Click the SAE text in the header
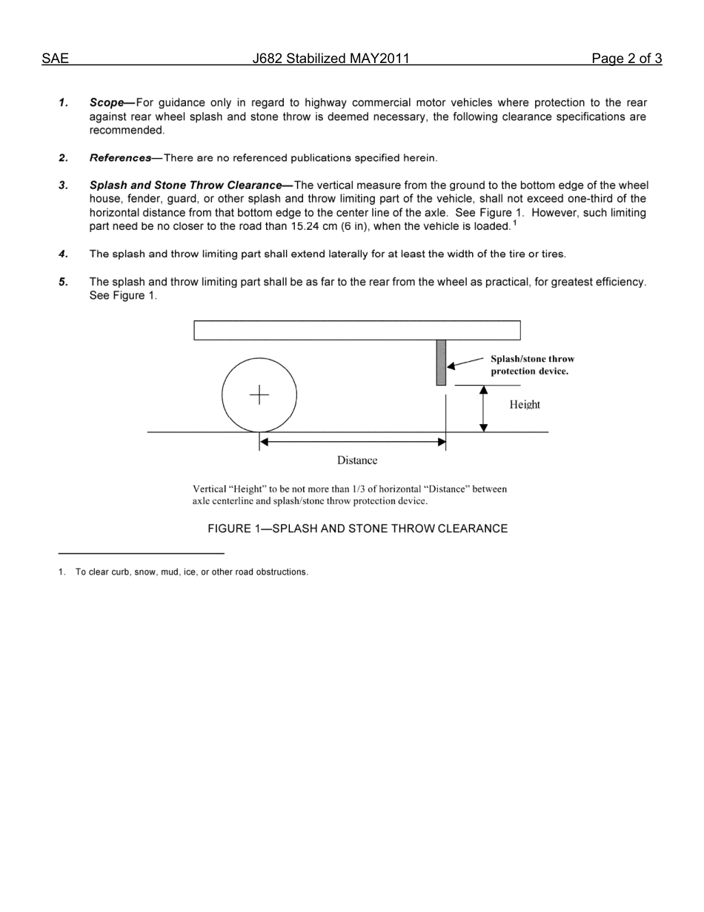point(55,59)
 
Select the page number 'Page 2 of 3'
point(626,59)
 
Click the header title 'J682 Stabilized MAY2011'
point(331,59)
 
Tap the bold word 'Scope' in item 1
point(106,103)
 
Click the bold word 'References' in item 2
point(120,158)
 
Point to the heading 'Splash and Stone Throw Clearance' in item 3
point(185,185)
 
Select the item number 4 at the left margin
point(64,254)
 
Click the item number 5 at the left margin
point(64,282)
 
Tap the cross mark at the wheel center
point(259,395)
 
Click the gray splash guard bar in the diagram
point(441,363)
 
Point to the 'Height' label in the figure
point(525,405)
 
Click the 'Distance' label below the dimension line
point(357,460)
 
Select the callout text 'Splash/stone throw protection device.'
point(531,365)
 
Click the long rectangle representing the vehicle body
point(356,330)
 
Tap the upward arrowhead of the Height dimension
point(483,390)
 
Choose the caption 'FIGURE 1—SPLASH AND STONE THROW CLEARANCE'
point(357,529)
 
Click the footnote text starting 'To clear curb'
point(191,572)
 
